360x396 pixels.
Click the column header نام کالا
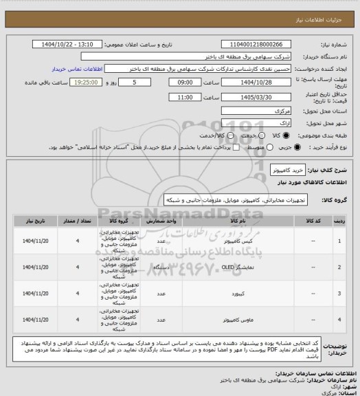(230, 222)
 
